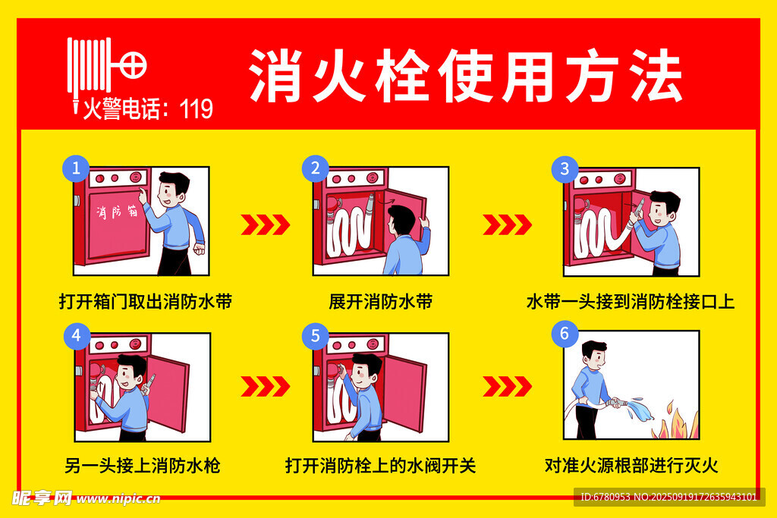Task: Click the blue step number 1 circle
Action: pyautogui.click(x=76, y=168)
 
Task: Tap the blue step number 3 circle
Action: pyautogui.click(x=565, y=169)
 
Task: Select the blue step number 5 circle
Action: pyautogui.click(x=316, y=336)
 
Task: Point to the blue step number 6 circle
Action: pyautogui.click(x=565, y=334)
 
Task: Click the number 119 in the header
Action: pyautogui.click(x=197, y=109)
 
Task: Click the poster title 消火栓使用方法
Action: pyautogui.click(x=465, y=76)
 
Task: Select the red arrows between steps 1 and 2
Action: pyautogui.click(x=265, y=224)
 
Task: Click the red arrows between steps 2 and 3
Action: pyautogui.click(x=507, y=224)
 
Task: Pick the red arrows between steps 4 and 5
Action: pyautogui.click(x=265, y=386)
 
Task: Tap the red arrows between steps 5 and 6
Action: pyautogui.click(x=507, y=386)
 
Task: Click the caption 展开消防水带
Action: pyautogui.click(x=381, y=302)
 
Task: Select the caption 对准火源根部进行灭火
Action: pyautogui.click(x=631, y=466)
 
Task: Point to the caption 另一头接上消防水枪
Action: pyautogui.click(x=143, y=466)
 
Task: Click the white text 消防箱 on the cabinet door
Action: pyautogui.click(x=117, y=212)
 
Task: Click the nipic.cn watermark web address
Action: pyautogui.click(x=118, y=499)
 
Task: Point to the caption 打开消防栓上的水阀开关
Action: pyautogui.click(x=381, y=466)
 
